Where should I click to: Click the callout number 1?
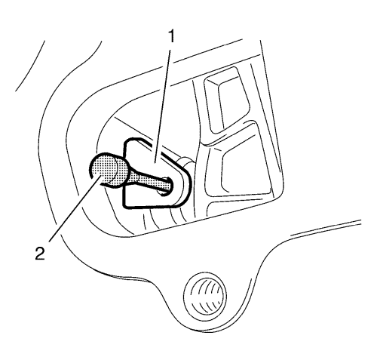pos(171,37)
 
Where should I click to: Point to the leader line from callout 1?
pos(163,106)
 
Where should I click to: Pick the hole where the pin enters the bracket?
pos(166,186)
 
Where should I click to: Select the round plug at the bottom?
pos(205,294)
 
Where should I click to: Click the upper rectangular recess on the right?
pos(227,100)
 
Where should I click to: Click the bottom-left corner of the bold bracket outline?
pos(124,205)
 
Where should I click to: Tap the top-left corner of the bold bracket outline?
pos(126,141)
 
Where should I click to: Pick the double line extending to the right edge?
pos(326,229)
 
